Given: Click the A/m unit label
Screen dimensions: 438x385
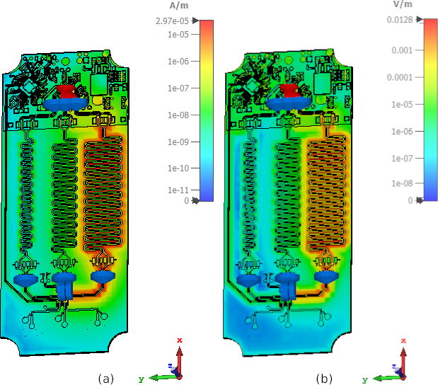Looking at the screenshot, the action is point(179,6).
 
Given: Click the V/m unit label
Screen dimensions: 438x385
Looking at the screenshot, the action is point(403,4).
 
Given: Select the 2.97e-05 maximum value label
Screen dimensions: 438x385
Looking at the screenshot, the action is point(173,21).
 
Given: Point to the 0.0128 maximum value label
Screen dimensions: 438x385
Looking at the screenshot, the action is point(400,20).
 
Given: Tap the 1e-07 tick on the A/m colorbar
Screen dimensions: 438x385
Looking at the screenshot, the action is point(178,88).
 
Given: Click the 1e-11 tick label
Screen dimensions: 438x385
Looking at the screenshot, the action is point(178,190).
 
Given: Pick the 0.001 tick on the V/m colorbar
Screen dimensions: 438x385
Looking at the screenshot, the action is point(402,50).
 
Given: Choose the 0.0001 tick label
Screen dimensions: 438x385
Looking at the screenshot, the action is point(400,77).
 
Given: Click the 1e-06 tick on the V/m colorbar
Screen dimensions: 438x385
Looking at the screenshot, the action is point(402,132).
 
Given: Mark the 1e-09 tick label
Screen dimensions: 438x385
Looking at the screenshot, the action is point(178,142).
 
